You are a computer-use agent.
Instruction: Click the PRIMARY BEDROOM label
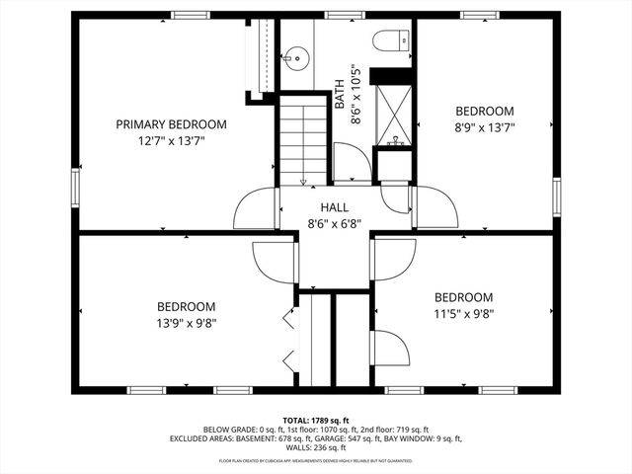click(x=171, y=124)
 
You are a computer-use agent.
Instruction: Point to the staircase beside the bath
click(x=302, y=138)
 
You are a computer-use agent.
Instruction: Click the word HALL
click(x=335, y=207)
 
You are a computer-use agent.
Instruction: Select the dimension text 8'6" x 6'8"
click(x=335, y=224)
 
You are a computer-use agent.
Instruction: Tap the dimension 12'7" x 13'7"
click(x=171, y=141)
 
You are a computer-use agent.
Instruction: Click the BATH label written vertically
click(x=340, y=94)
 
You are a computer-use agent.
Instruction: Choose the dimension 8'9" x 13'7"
click(x=484, y=126)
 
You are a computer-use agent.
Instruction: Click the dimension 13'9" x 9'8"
click(x=187, y=322)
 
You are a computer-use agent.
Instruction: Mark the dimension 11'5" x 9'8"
click(x=464, y=314)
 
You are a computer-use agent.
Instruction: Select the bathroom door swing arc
click(x=348, y=163)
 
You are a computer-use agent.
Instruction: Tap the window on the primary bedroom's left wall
click(x=76, y=183)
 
